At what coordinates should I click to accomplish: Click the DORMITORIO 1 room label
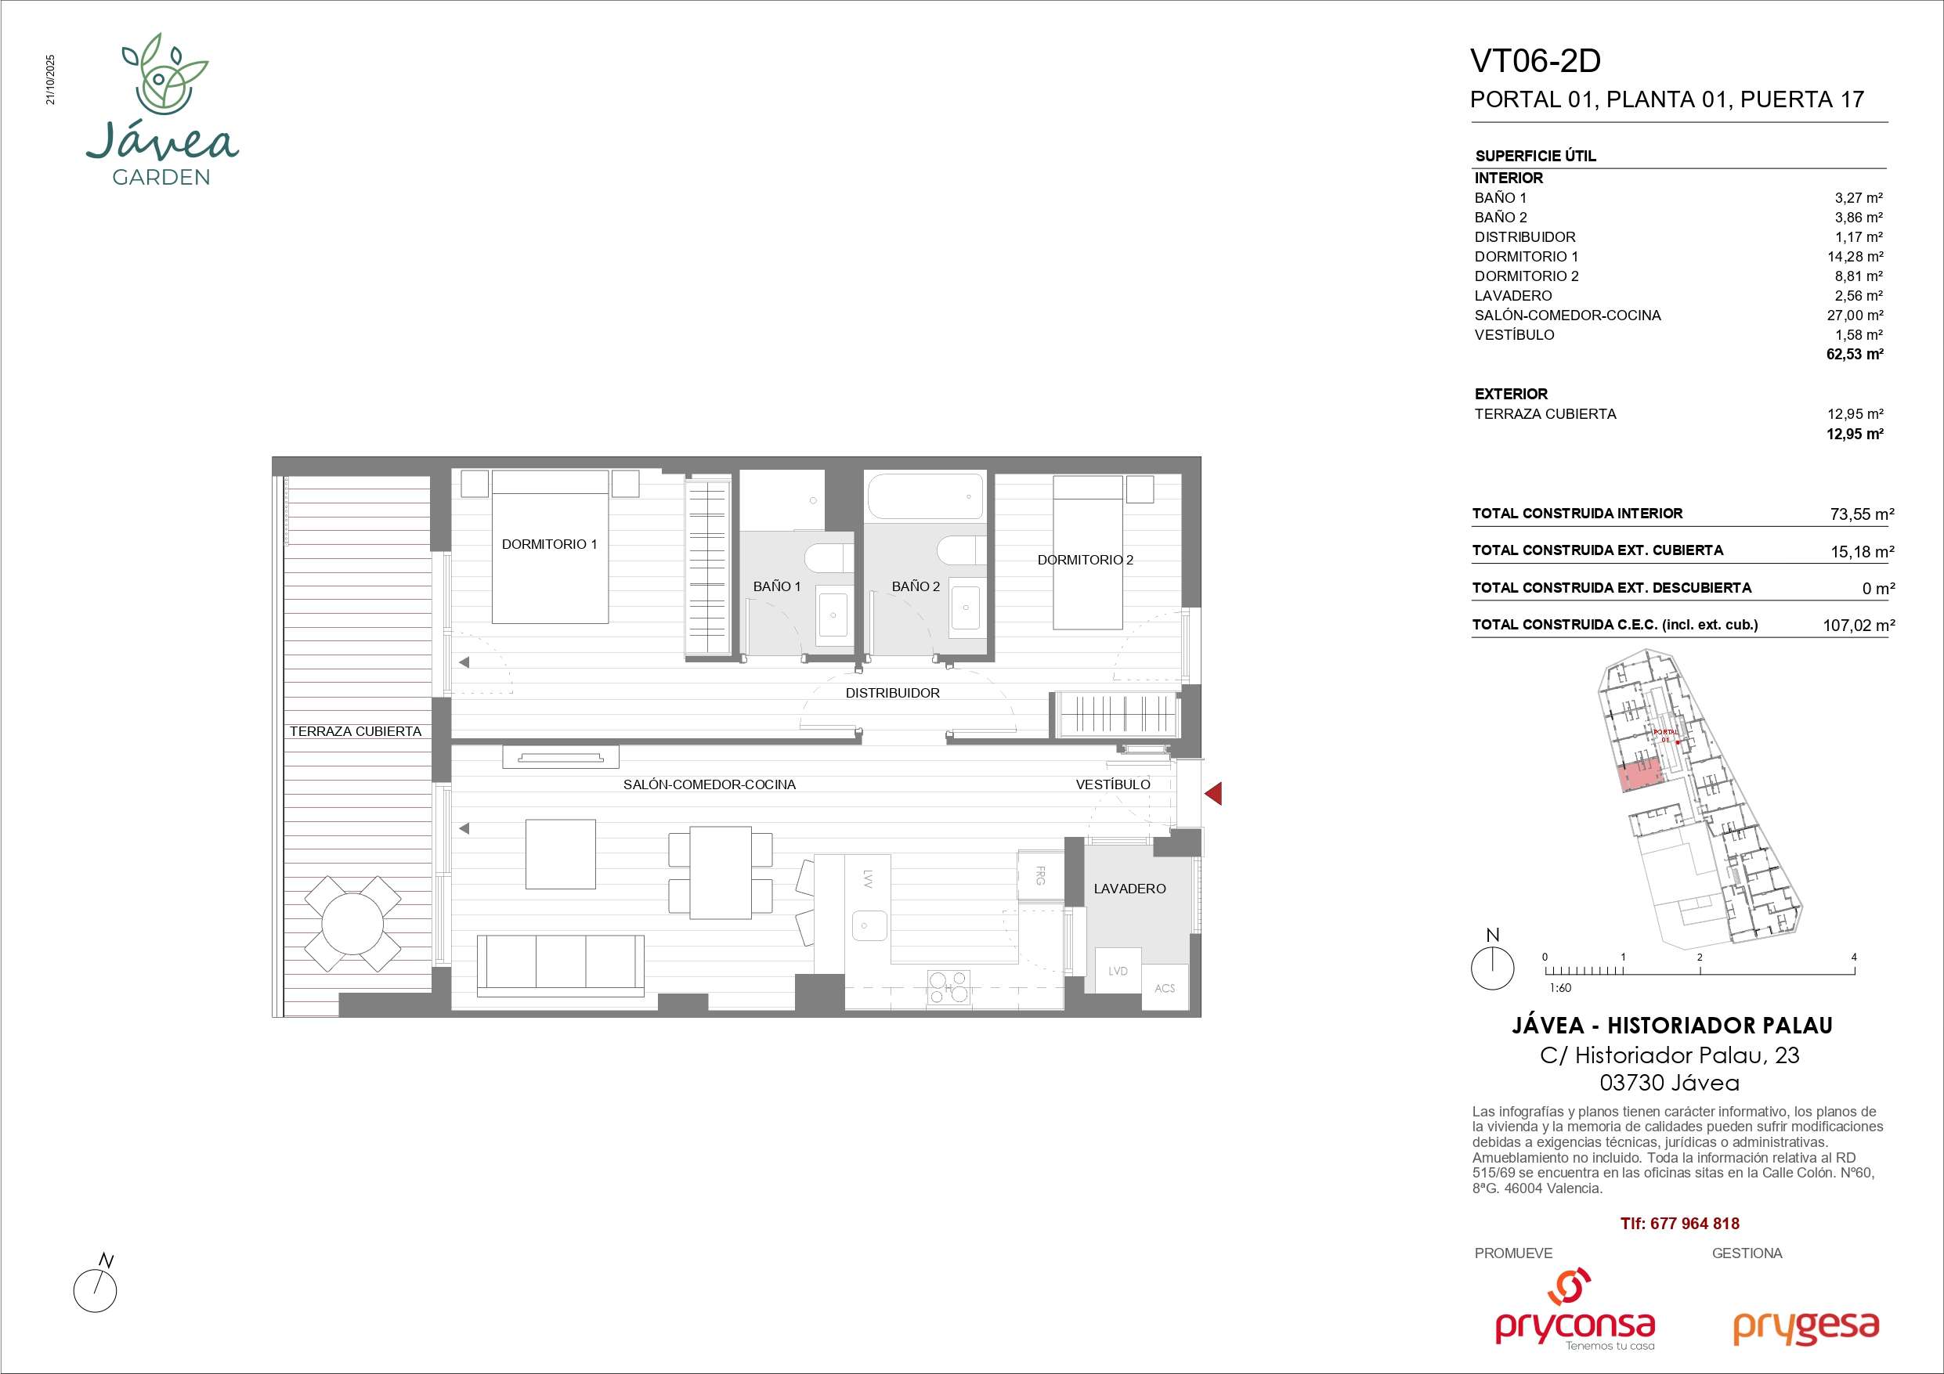pos(550,544)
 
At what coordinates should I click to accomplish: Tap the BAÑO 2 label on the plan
pos(916,586)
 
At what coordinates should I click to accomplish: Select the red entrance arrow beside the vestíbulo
pos(1212,793)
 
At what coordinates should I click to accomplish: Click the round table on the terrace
pos(352,924)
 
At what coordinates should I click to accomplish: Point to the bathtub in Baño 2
pos(926,496)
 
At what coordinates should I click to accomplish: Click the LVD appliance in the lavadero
pos(1118,970)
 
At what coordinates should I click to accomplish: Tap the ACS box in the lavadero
pos(1164,988)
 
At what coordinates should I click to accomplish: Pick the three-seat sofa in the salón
pos(561,966)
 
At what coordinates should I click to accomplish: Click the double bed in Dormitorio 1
pos(551,547)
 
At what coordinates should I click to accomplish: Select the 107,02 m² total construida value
pos(1859,626)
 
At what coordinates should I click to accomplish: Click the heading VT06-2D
pos(1535,61)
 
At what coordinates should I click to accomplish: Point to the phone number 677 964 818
pos(1694,1224)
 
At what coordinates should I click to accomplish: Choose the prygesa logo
pos(1805,1329)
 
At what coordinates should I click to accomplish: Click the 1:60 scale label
pos(1560,987)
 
